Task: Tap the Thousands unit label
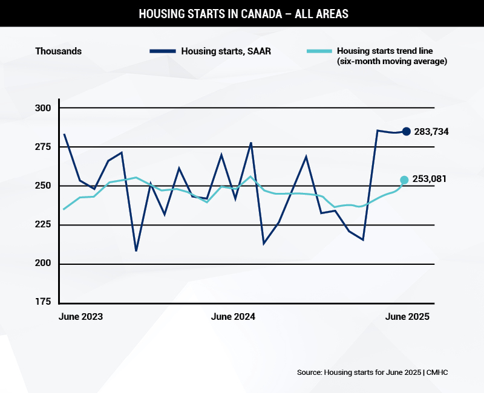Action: [x=58, y=51]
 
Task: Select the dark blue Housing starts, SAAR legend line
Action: [x=162, y=51]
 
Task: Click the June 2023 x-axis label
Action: [x=80, y=317]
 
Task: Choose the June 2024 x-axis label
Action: [x=233, y=317]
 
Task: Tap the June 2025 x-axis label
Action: [x=407, y=317]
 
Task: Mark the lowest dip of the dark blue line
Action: [x=136, y=250]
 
